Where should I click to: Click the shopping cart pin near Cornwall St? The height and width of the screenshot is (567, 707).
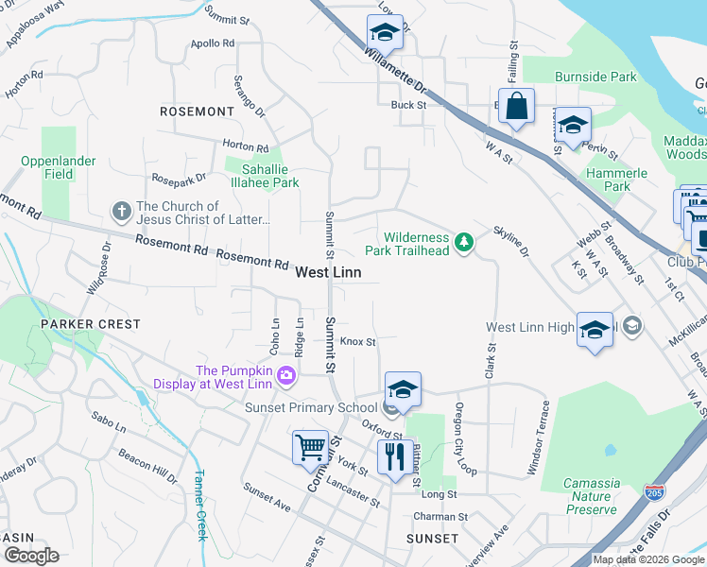coord(311,448)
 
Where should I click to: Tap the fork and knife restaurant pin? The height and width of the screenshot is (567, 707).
coord(391,456)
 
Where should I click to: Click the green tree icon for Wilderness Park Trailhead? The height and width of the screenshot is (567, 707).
coord(464,244)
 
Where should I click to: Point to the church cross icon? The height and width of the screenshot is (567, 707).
coord(121,213)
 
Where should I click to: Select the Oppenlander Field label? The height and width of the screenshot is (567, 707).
coord(60,167)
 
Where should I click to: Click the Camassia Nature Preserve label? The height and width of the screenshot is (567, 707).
coord(592,496)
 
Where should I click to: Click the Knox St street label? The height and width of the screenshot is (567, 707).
coord(358,342)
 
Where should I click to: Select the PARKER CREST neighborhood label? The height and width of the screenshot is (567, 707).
coord(91,324)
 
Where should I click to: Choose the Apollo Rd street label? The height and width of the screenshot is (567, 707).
coord(213,43)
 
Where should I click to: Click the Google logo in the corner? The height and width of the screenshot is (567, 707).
coord(31,556)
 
